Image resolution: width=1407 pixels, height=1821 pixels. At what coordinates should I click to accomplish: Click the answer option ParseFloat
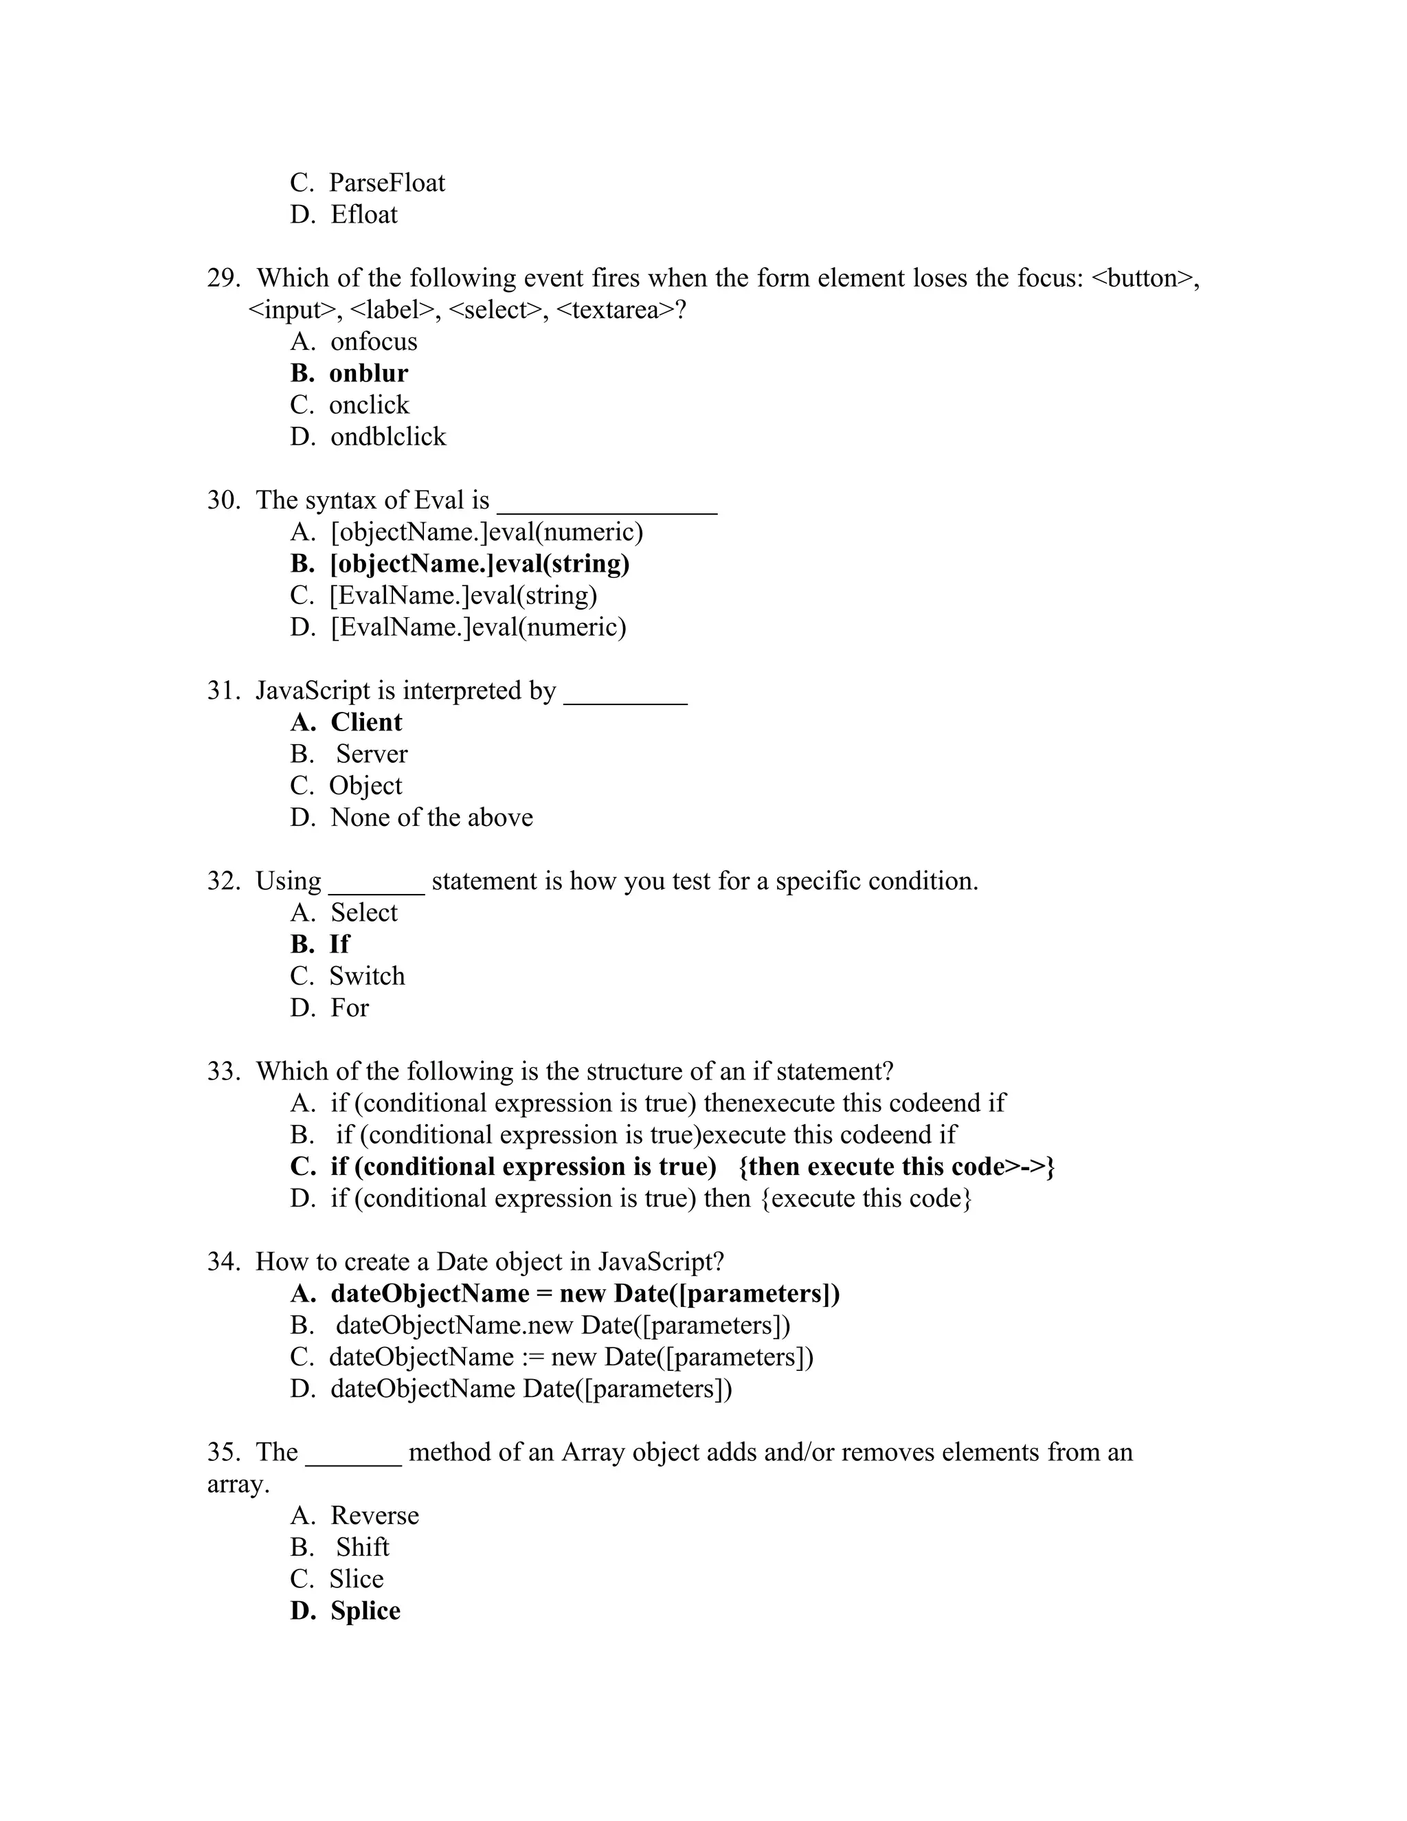(x=387, y=183)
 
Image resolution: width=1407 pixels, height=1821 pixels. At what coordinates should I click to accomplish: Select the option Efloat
(x=364, y=214)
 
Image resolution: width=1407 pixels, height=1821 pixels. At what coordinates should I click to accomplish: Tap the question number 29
(x=223, y=278)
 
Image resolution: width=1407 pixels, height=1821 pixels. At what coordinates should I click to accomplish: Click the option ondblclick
(x=388, y=436)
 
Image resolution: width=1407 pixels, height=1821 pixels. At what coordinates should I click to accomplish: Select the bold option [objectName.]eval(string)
(x=480, y=563)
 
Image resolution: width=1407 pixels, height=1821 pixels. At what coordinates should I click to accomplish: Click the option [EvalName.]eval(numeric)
(x=477, y=627)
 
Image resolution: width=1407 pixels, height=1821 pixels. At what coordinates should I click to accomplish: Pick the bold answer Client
(x=366, y=722)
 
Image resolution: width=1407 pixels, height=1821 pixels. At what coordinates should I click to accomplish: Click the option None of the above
(x=431, y=817)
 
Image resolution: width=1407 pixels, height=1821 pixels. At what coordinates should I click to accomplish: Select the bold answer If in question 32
(x=339, y=944)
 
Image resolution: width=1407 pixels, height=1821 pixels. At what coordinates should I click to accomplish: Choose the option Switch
(x=367, y=976)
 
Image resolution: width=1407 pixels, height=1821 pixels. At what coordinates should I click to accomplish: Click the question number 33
(x=223, y=1071)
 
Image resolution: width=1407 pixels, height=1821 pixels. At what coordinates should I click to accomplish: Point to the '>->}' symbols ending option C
(x=1031, y=1167)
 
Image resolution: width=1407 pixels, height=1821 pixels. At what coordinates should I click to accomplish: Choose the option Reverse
(x=374, y=1515)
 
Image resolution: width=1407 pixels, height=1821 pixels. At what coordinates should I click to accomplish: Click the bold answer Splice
(x=365, y=1610)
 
